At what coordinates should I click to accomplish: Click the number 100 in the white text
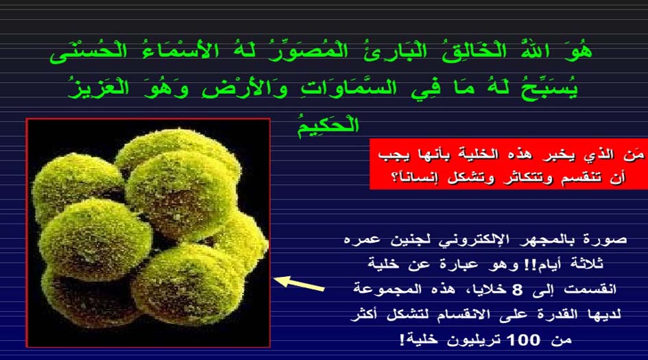coord(523,340)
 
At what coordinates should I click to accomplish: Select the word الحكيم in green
coord(328,124)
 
